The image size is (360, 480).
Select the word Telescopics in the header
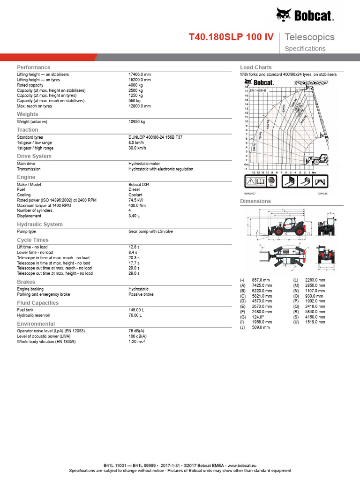pos(309,37)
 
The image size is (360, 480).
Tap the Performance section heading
pos(33,67)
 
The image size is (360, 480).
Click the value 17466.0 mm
pos(140,75)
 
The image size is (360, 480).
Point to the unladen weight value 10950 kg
pos(137,122)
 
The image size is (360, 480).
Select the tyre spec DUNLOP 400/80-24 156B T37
pos(156,137)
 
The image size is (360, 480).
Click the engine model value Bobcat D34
pos(139,185)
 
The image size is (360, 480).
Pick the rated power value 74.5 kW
pos(136,200)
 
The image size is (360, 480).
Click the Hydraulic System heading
pos(40,225)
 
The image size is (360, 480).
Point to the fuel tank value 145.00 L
pos(136,310)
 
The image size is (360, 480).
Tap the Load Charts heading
pos(256,67)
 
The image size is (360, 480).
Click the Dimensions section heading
pos(255,201)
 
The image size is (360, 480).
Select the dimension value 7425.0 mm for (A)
pos(262,285)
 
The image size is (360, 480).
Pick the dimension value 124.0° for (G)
pos(259,317)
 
